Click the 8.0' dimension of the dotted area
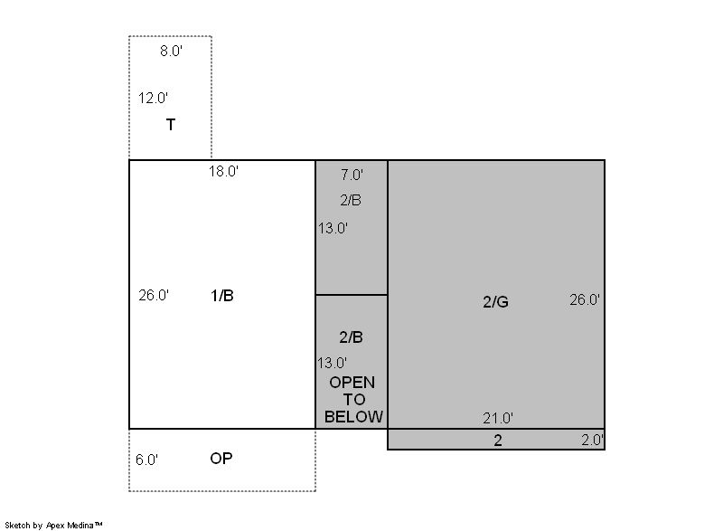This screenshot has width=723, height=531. click(x=171, y=51)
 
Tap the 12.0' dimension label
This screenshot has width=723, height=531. click(x=153, y=98)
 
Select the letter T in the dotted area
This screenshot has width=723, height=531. click(x=171, y=125)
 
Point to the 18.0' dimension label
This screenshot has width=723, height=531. click(x=223, y=171)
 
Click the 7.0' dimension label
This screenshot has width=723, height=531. click(x=352, y=175)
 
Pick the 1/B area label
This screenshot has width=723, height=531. click(x=221, y=295)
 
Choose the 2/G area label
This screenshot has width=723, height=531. click(x=495, y=302)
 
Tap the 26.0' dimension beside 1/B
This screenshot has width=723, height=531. click(x=154, y=295)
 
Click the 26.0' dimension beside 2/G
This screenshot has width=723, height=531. click(x=584, y=299)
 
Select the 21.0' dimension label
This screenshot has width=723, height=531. click(x=498, y=419)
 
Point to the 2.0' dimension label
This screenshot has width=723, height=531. click(x=592, y=440)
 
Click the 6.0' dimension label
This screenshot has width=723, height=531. click(x=146, y=460)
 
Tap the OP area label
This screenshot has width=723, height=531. click(x=221, y=459)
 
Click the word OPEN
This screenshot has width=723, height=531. click(x=352, y=383)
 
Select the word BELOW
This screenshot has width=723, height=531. click(x=353, y=417)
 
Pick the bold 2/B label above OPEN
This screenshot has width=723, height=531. click(x=351, y=337)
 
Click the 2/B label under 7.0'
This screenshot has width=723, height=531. click(x=351, y=200)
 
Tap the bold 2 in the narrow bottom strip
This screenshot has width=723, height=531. click(x=498, y=441)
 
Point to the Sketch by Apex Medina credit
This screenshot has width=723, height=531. click(x=53, y=525)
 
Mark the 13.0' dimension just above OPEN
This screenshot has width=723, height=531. click(x=332, y=363)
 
